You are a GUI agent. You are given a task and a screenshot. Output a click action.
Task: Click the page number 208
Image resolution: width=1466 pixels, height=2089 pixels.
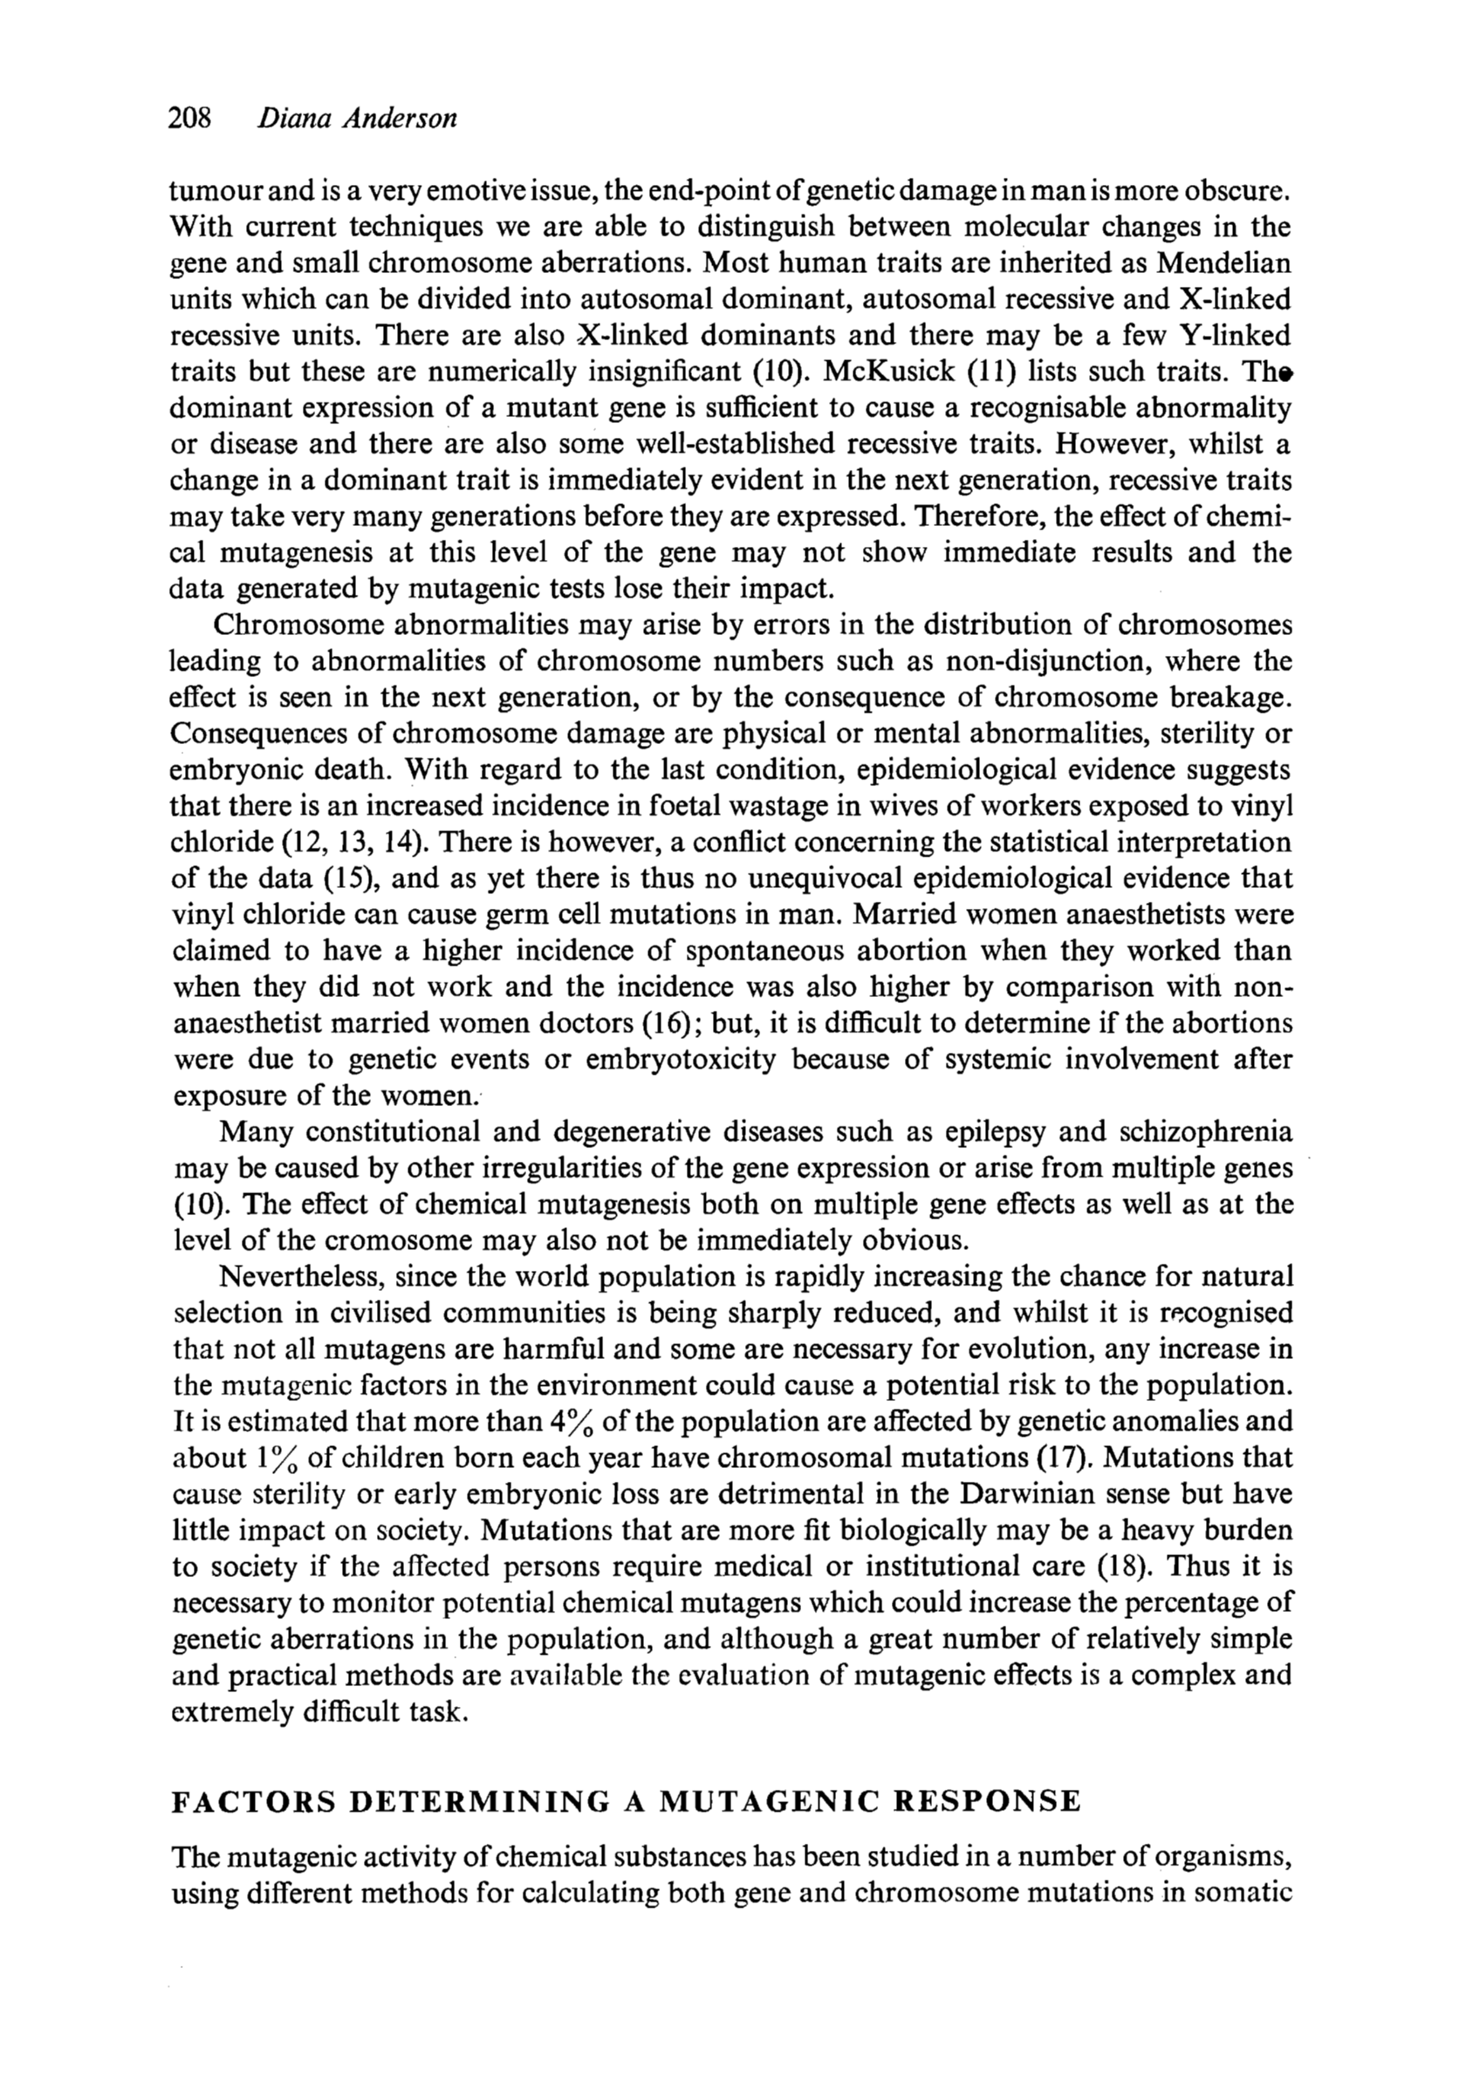coord(190,119)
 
